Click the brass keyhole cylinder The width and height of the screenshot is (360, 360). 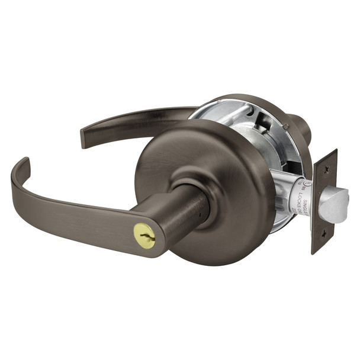[x=145, y=236]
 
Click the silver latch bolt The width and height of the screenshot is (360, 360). [x=333, y=202]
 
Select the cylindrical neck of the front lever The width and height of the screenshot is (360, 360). [x=184, y=213]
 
